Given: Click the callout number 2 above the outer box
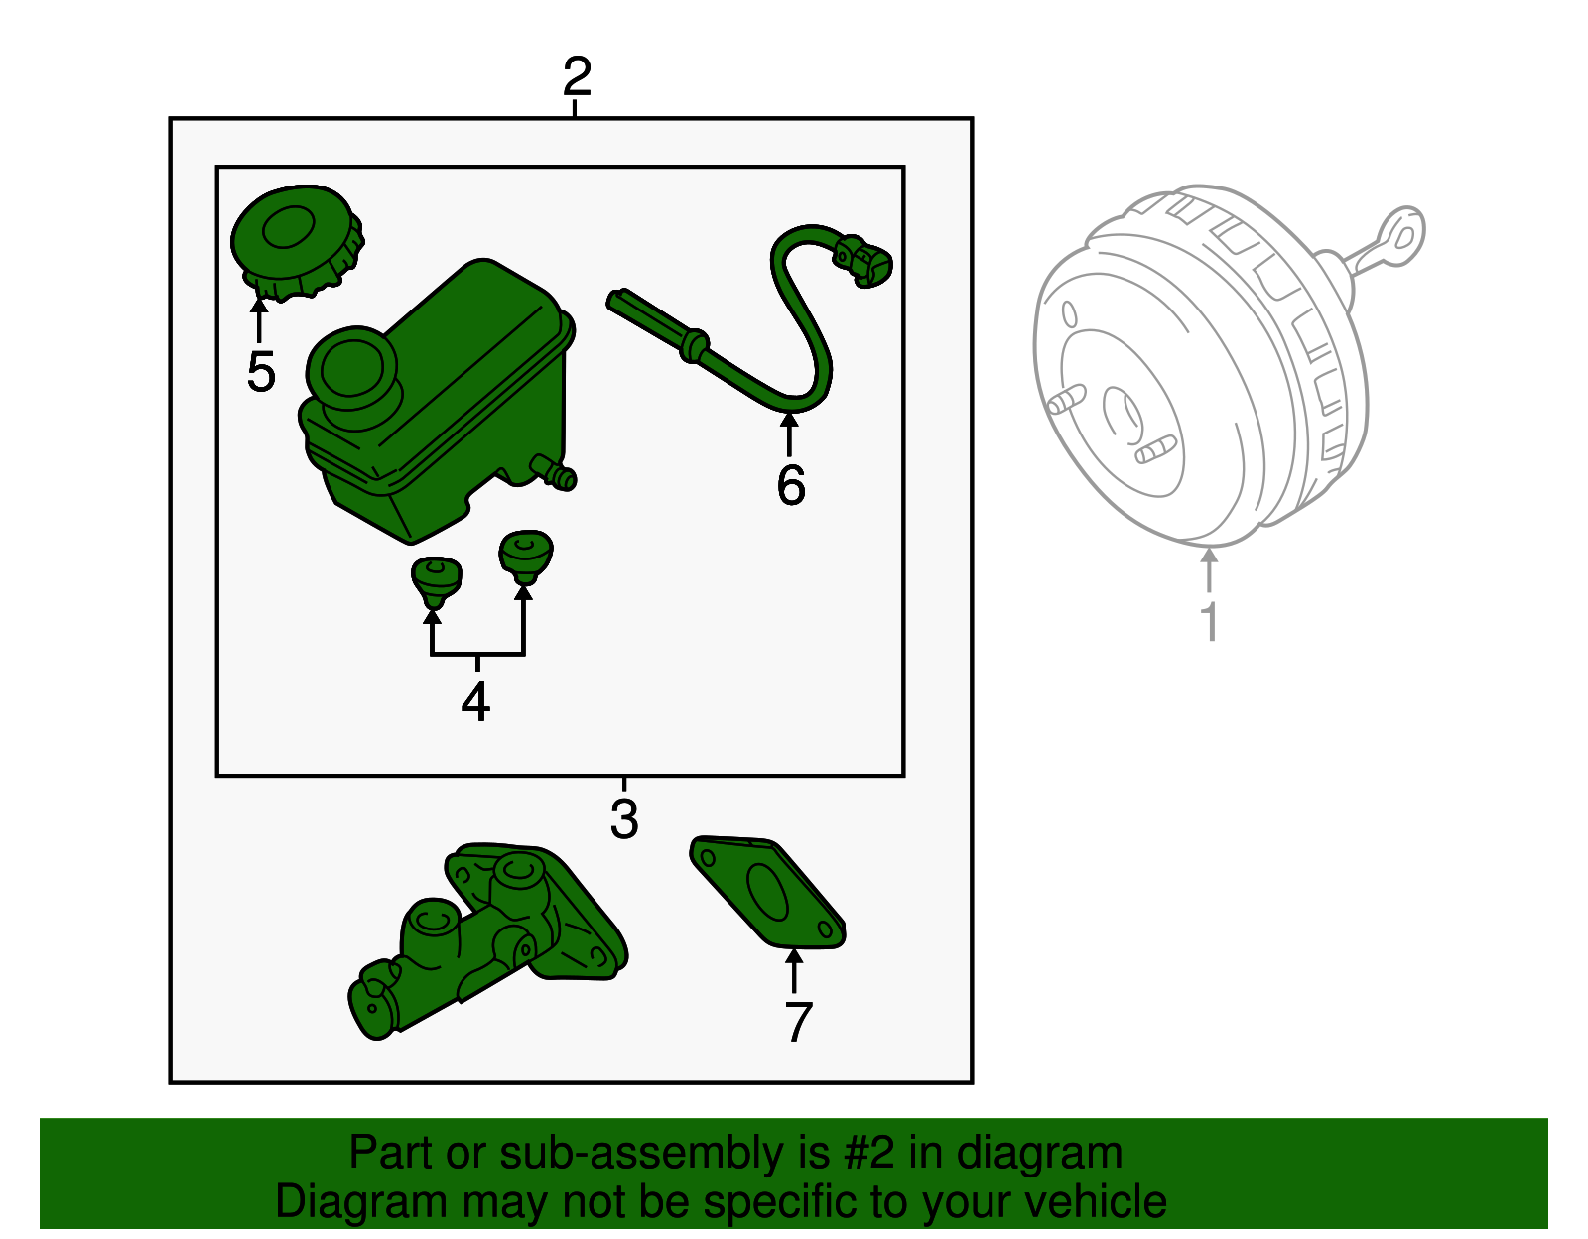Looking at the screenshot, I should click(x=577, y=76).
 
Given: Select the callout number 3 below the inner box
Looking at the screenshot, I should click(x=624, y=819).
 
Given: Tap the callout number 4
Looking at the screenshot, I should click(x=475, y=702).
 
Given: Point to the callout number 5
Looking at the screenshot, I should click(x=260, y=372).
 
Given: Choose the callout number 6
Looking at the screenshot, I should click(x=791, y=485).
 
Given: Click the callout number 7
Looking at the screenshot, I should click(x=798, y=1023).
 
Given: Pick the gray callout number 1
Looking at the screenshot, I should click(x=1209, y=622).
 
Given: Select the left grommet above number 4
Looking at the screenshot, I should click(x=436, y=579).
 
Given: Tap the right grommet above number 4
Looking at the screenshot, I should click(x=525, y=556).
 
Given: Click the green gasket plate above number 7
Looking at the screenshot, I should click(x=767, y=892).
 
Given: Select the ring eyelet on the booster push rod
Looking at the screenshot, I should click(x=1402, y=234).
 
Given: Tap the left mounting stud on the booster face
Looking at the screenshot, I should click(x=1063, y=401).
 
